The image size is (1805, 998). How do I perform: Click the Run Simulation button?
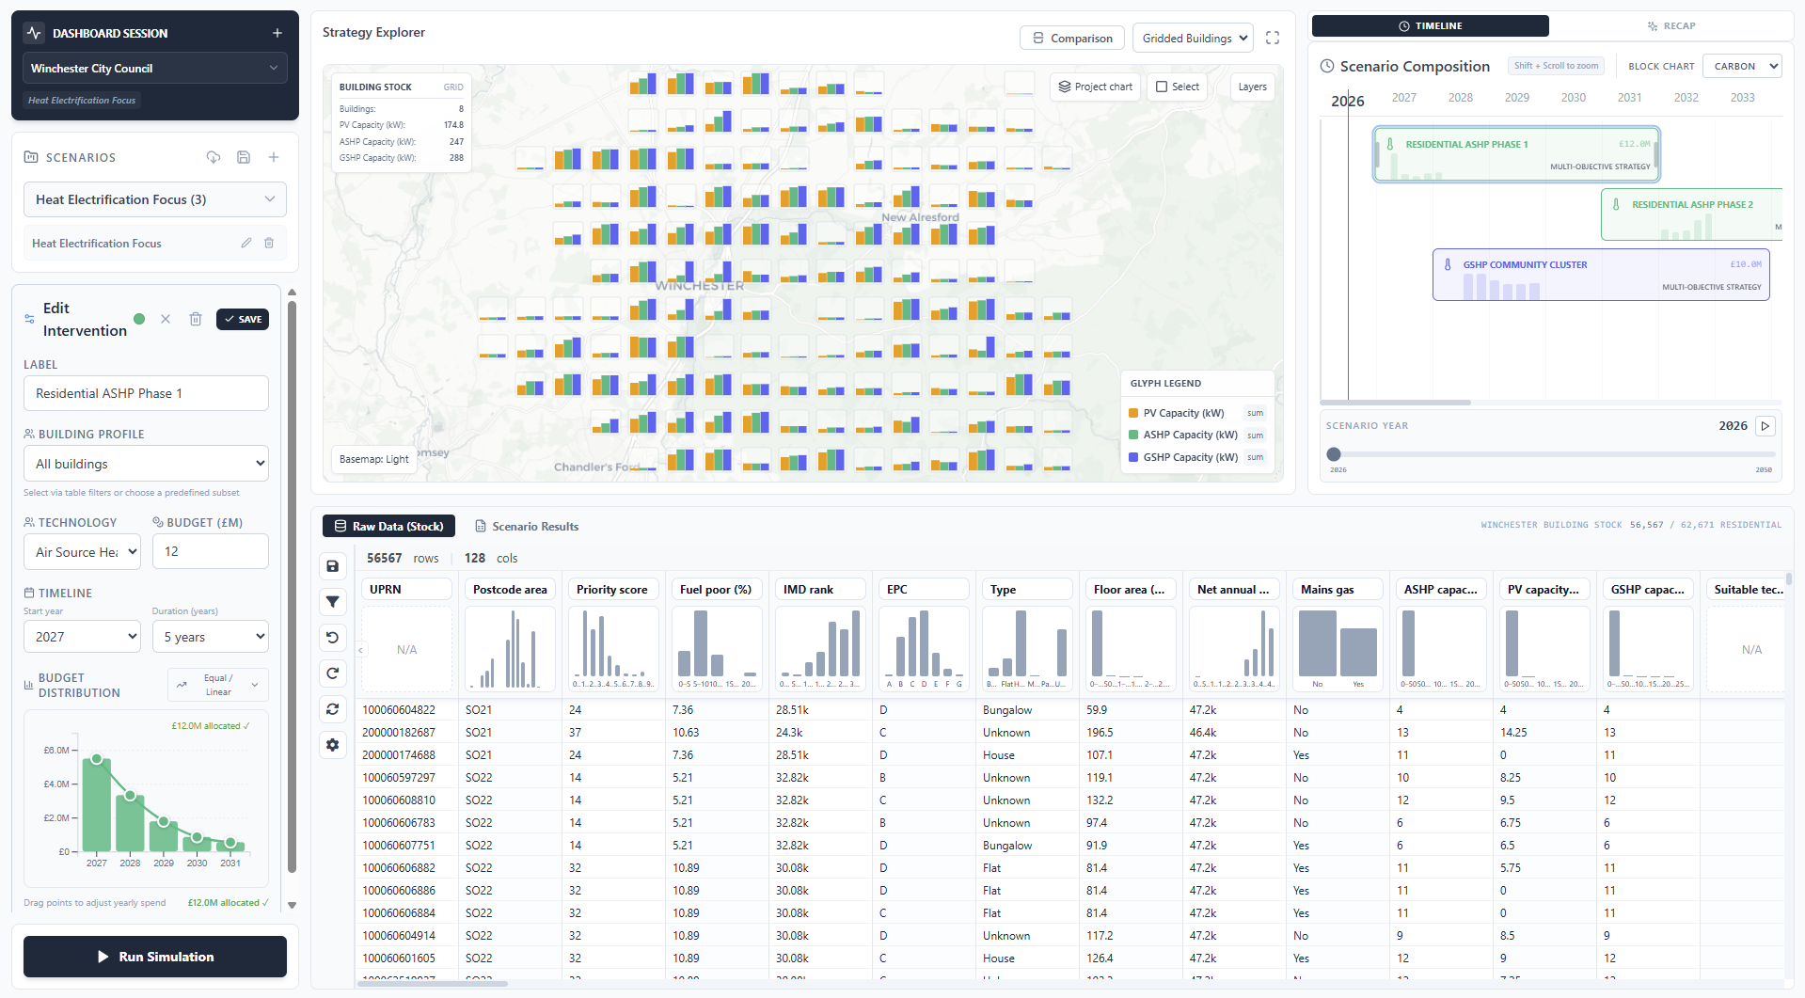click(x=155, y=957)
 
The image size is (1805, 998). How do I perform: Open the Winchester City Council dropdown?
click(x=155, y=69)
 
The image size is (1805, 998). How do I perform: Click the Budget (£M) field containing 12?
click(x=211, y=551)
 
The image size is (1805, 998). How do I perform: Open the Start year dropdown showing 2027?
click(x=82, y=637)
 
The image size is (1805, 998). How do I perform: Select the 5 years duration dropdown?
click(x=211, y=637)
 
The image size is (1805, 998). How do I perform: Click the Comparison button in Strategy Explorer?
click(x=1072, y=39)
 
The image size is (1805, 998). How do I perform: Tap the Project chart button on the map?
click(x=1095, y=87)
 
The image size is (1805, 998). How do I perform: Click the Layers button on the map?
click(x=1252, y=87)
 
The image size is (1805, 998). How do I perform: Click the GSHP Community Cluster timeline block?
click(x=1600, y=275)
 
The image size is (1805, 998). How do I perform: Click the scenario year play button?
click(x=1765, y=426)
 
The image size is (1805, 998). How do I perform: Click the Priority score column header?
click(x=612, y=590)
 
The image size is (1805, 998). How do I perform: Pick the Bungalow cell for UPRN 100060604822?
click(x=1007, y=710)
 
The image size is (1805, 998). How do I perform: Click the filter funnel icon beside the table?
click(x=333, y=602)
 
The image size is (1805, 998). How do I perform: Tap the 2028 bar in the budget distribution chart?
click(x=130, y=823)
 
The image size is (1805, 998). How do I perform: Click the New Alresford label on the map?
click(x=920, y=217)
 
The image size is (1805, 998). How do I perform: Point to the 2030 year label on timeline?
click(x=1574, y=98)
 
